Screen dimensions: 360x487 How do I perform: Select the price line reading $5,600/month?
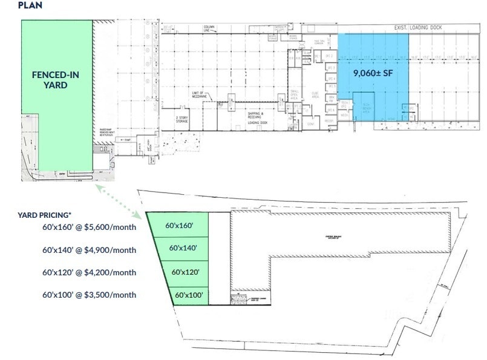(x=90, y=227)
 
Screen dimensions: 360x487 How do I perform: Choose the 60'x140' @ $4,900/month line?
(x=90, y=250)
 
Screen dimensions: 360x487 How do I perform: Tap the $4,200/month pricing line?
(x=90, y=272)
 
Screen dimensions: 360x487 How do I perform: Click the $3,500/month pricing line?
(x=90, y=295)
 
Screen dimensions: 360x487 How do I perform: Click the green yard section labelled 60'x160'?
(x=179, y=226)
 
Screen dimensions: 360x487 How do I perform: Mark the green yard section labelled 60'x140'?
(x=183, y=247)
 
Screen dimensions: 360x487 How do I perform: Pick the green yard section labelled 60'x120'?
(x=186, y=272)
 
